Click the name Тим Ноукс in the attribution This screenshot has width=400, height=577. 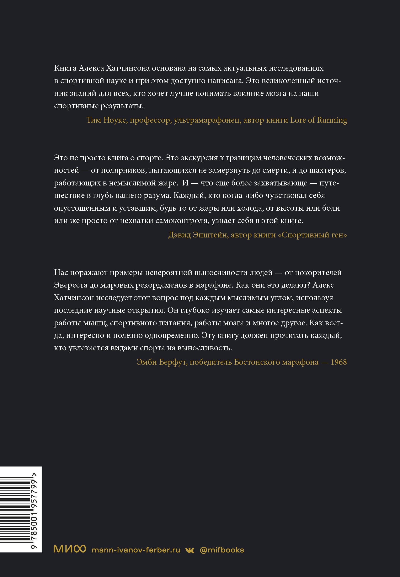pyautogui.click(x=107, y=120)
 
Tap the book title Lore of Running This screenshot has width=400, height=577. pyautogui.click(x=318, y=120)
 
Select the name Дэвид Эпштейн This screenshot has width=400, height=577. pyautogui.click(x=198, y=235)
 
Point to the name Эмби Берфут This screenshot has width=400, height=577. pyautogui.click(x=162, y=362)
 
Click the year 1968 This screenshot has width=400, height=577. pyautogui.click(x=338, y=362)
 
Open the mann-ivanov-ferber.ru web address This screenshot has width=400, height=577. pyautogui.click(x=136, y=550)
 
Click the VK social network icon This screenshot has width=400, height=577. pyautogui.click(x=190, y=550)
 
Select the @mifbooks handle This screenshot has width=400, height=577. pyautogui.click(x=222, y=550)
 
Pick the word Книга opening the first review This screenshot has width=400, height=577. pyautogui.click(x=65, y=68)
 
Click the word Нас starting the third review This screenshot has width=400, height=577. pyautogui.click(x=61, y=273)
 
